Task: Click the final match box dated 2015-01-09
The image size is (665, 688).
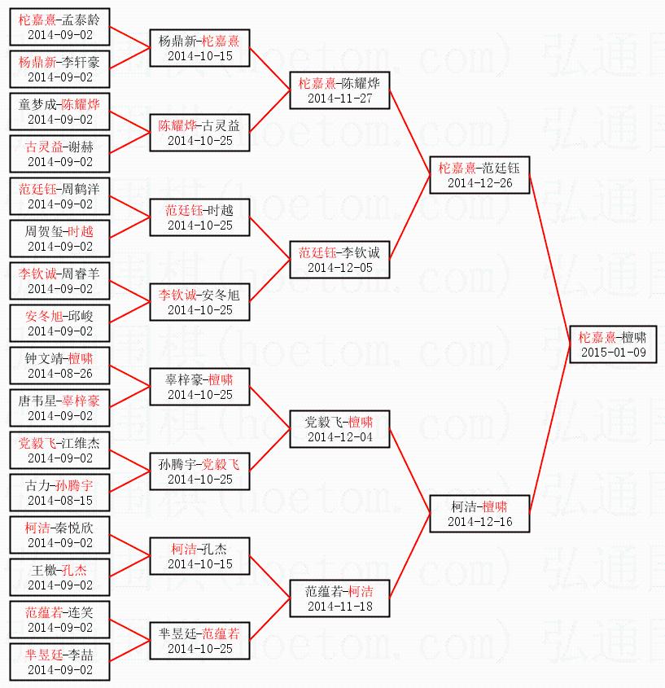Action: pos(612,344)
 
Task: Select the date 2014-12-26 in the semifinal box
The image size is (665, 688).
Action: pos(479,183)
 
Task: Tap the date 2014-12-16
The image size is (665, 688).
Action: pos(479,522)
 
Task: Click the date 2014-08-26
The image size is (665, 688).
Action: pos(60,374)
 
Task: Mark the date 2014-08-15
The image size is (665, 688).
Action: pos(60,501)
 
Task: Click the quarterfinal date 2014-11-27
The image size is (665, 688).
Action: pos(339,99)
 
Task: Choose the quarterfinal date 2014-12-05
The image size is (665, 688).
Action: pos(339,268)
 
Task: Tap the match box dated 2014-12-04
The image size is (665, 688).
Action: pos(339,429)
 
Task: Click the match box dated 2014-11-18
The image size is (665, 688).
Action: pos(339,598)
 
